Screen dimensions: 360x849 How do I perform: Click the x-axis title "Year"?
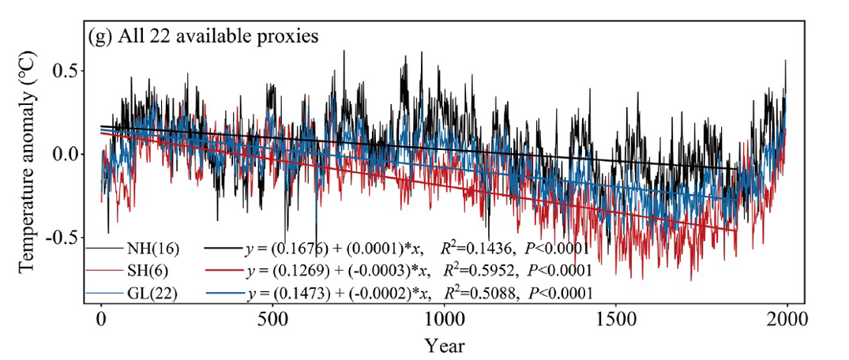coord(444,344)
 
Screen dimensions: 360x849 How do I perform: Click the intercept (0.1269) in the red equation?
coord(292,271)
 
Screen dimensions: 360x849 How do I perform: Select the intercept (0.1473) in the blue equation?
coord(292,292)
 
